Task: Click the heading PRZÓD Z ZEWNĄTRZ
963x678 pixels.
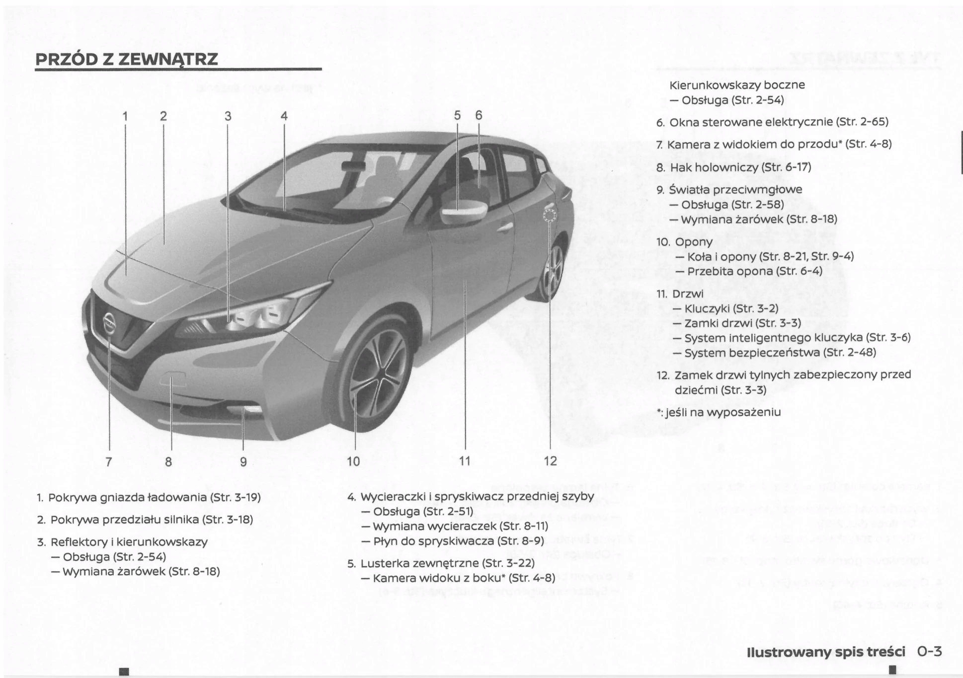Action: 127,59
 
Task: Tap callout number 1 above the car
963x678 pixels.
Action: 125,116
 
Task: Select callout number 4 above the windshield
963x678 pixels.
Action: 284,116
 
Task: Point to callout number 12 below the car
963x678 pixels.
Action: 551,461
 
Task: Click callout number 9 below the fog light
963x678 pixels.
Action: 243,461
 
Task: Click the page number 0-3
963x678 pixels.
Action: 930,651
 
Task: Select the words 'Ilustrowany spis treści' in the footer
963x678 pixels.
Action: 826,652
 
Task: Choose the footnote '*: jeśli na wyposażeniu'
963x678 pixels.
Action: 719,412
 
